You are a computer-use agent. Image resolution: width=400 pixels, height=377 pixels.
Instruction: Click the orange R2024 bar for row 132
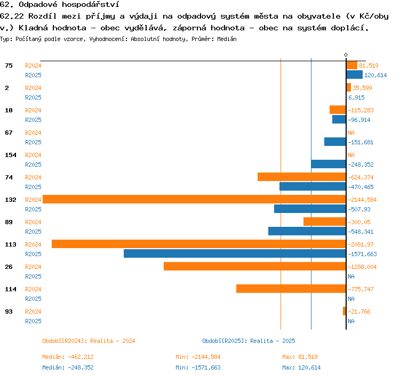pyautogui.click(x=194, y=199)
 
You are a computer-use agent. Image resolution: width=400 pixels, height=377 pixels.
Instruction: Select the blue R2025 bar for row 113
pyautogui.click(x=235, y=253)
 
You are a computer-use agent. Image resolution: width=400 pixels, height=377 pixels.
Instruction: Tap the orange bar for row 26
pyautogui.click(x=255, y=266)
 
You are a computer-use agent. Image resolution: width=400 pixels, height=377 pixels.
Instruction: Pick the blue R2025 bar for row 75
pyautogui.click(x=354, y=75)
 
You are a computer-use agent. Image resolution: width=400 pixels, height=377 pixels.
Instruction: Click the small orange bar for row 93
pyautogui.click(x=345, y=311)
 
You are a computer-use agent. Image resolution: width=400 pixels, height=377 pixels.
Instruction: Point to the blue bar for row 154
pyautogui.click(x=329, y=164)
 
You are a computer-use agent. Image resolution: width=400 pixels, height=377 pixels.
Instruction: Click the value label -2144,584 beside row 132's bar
pyautogui.click(x=362, y=200)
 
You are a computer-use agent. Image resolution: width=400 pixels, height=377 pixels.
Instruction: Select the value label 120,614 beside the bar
pyautogui.click(x=375, y=75)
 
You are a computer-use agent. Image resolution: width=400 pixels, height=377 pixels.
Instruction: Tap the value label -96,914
pyautogui.click(x=359, y=120)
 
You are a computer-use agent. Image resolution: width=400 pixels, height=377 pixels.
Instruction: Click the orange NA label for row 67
pyautogui.click(x=351, y=133)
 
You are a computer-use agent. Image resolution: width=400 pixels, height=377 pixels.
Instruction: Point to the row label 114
pyautogui.click(x=11, y=289)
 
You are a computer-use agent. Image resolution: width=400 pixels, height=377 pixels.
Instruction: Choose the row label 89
pyautogui.click(x=9, y=222)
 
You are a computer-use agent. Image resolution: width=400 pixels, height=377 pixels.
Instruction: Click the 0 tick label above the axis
pyautogui.click(x=346, y=55)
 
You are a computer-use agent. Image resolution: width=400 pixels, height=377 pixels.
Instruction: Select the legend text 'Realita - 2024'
pyautogui.click(x=113, y=341)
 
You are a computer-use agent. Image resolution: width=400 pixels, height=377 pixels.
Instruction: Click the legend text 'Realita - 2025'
pyautogui.click(x=273, y=341)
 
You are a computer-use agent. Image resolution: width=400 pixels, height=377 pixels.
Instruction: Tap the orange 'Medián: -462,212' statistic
pyautogui.click(x=68, y=357)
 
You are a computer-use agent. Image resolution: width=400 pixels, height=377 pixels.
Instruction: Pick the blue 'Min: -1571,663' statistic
pyautogui.click(x=198, y=367)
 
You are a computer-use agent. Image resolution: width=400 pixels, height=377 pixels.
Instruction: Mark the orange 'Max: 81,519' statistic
pyautogui.click(x=300, y=357)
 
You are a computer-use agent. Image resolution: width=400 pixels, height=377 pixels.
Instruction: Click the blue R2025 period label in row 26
pyautogui.click(x=33, y=276)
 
